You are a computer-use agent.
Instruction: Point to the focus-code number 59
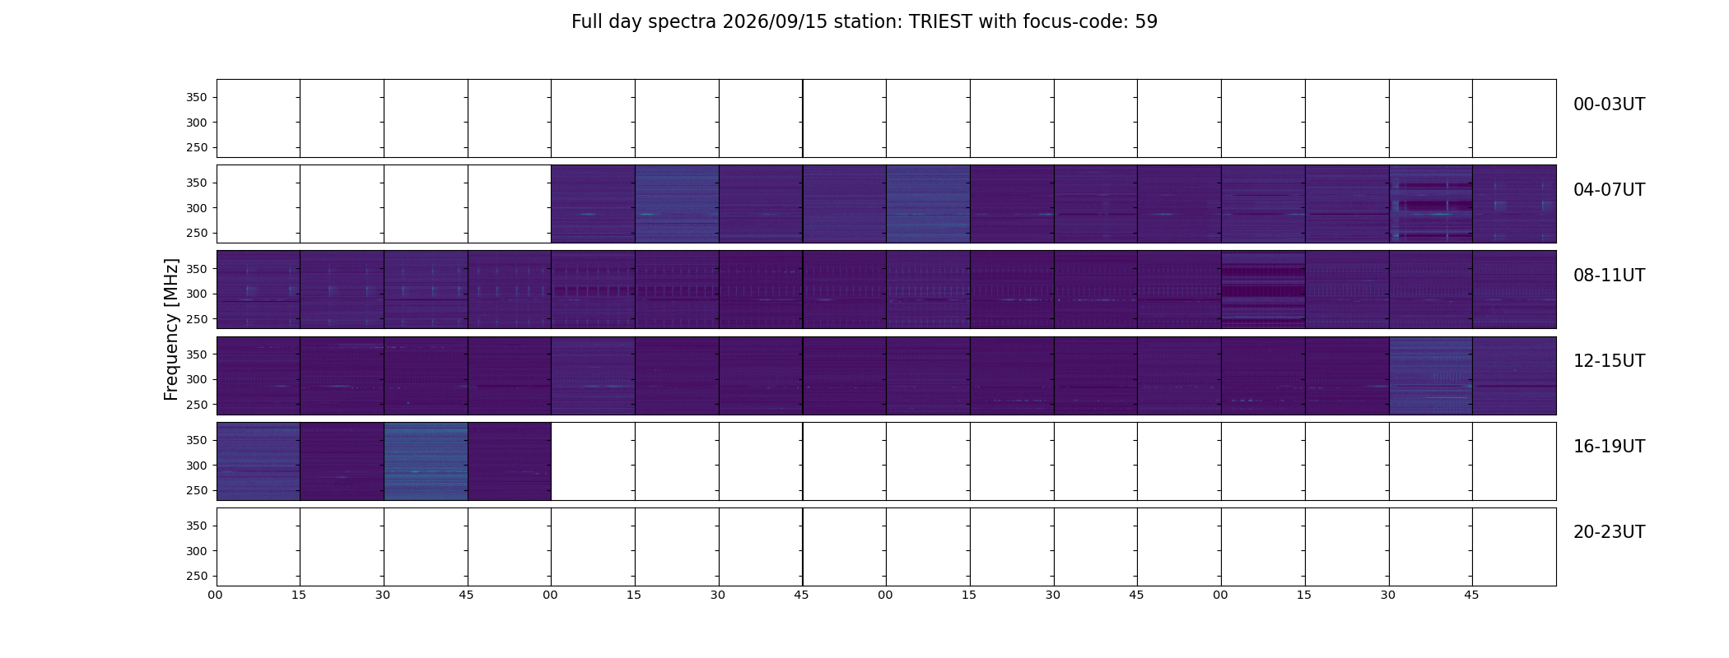click(x=1146, y=22)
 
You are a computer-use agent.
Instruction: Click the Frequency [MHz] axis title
click(x=171, y=329)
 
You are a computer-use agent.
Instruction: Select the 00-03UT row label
click(x=1609, y=104)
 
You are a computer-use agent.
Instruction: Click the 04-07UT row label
click(x=1609, y=190)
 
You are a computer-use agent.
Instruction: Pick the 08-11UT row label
click(x=1609, y=276)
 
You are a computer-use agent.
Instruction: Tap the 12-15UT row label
click(x=1609, y=361)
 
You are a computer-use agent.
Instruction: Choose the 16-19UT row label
click(x=1609, y=447)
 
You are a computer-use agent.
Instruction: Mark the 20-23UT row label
click(x=1609, y=532)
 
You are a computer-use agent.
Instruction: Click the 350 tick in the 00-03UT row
click(x=197, y=97)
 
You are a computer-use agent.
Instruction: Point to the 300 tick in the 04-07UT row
click(x=197, y=208)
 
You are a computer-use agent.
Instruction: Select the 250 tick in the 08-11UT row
click(x=197, y=319)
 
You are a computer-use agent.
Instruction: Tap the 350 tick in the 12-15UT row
click(x=197, y=354)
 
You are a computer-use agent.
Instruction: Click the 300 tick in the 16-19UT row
click(x=197, y=466)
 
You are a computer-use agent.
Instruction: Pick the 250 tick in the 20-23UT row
click(x=197, y=577)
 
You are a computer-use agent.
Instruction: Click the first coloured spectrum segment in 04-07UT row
click(x=593, y=204)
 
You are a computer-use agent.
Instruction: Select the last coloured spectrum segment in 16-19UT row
click(x=509, y=461)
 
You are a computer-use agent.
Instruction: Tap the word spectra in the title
click(x=690, y=23)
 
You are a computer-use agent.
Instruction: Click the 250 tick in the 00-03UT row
click(x=197, y=148)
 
